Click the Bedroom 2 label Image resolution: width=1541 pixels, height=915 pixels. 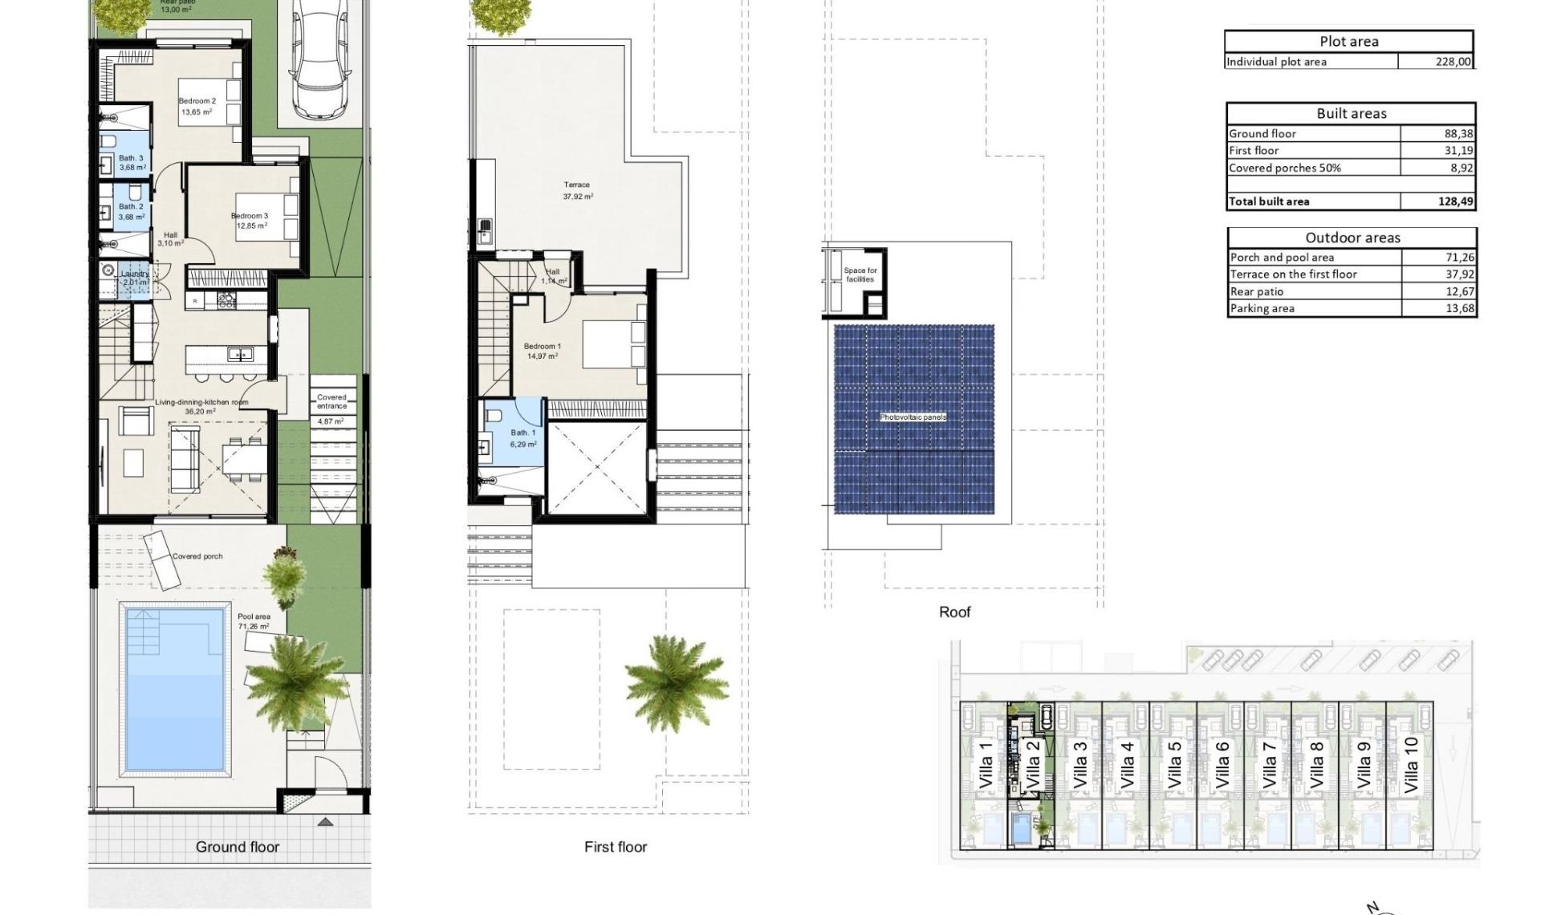[x=197, y=102]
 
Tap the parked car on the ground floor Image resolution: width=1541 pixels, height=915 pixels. [x=319, y=60]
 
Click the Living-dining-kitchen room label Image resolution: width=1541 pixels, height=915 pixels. [x=201, y=402]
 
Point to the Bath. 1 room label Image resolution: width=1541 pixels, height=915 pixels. [x=522, y=433]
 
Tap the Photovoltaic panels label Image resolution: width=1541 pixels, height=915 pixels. [x=913, y=417]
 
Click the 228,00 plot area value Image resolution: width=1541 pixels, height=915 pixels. [x=1453, y=62]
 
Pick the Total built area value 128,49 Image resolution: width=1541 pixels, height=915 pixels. [x=1455, y=201]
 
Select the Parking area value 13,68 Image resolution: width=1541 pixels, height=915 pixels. [x=1459, y=308]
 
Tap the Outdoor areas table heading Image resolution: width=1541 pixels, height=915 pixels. [x=1352, y=238]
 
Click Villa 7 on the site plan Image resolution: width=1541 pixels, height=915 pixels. [x=1269, y=765]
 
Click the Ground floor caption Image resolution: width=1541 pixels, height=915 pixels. [x=238, y=847]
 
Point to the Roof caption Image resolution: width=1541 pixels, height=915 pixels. [x=954, y=612]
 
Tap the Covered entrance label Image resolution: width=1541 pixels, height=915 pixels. [x=331, y=401]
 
